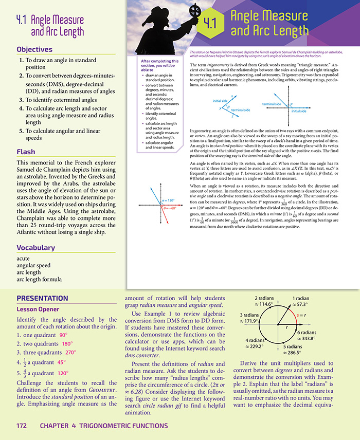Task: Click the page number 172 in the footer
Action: pos(22,426)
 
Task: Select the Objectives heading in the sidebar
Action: pos(34,49)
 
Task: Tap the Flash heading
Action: pos(26,152)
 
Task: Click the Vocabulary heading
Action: pos(35,247)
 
